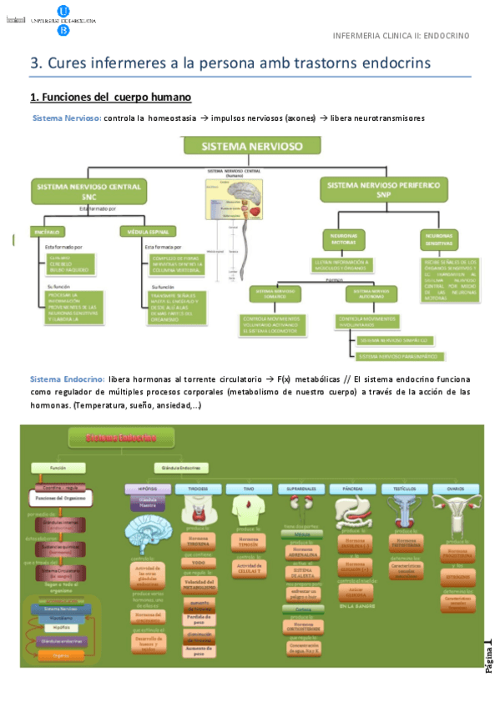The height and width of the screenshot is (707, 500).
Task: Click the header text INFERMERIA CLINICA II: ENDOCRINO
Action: pyautogui.click(x=401, y=36)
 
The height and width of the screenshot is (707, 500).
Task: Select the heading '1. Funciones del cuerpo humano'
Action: pyautogui.click(x=110, y=97)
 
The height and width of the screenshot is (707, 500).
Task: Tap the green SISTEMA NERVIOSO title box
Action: pyautogui.click(x=251, y=146)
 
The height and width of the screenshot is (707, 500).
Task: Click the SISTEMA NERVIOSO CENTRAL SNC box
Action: pyautogui.click(x=88, y=191)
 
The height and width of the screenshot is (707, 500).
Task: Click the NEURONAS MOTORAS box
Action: pyautogui.click(x=343, y=239)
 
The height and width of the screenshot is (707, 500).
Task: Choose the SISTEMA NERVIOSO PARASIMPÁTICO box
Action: pyautogui.click(x=397, y=357)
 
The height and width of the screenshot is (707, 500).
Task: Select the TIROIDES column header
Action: pyautogui.click(x=198, y=489)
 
